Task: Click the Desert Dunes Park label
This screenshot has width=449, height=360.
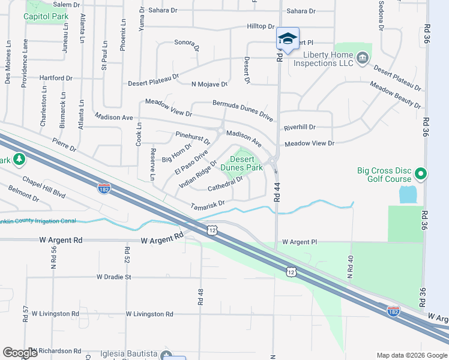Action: (x=242, y=163)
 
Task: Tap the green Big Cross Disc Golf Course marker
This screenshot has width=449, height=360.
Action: (x=421, y=174)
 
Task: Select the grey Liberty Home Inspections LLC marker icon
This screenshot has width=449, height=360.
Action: (x=362, y=58)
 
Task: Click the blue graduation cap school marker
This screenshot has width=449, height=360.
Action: (x=288, y=40)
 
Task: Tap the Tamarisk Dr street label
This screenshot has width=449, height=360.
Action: (x=207, y=205)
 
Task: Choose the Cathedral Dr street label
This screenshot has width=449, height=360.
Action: (x=225, y=184)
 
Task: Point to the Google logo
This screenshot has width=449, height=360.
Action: (x=20, y=353)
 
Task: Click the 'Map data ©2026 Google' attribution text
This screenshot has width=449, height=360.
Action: (x=411, y=355)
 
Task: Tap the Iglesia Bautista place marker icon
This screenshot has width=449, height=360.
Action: (x=166, y=355)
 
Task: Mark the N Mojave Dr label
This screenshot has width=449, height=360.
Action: (x=209, y=85)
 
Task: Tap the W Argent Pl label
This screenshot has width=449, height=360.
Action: (x=299, y=242)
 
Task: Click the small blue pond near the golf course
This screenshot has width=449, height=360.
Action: (x=407, y=194)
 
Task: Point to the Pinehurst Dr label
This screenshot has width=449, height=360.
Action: (x=193, y=138)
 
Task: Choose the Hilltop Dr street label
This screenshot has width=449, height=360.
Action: (x=261, y=27)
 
